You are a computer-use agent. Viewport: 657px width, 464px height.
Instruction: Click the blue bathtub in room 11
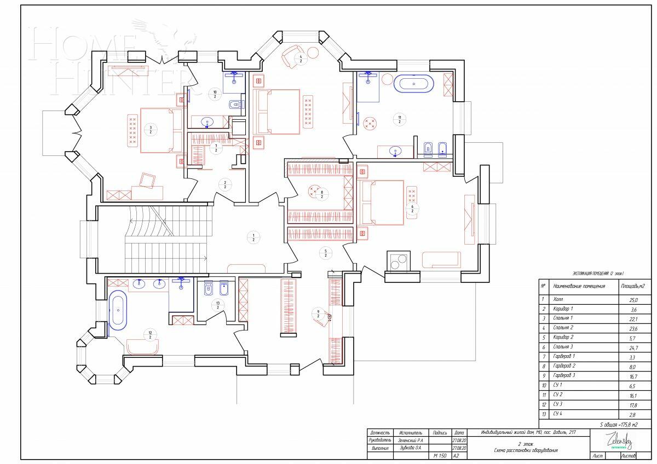pos(414,84)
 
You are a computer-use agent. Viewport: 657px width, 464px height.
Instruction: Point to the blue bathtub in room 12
pos(117,310)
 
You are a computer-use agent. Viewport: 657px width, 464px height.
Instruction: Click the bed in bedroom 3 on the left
pos(162,130)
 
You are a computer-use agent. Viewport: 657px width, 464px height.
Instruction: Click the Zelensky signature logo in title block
pos(618,439)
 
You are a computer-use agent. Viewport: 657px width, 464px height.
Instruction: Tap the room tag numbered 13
pos(218,305)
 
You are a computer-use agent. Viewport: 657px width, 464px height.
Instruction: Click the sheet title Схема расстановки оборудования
pos(525,450)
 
